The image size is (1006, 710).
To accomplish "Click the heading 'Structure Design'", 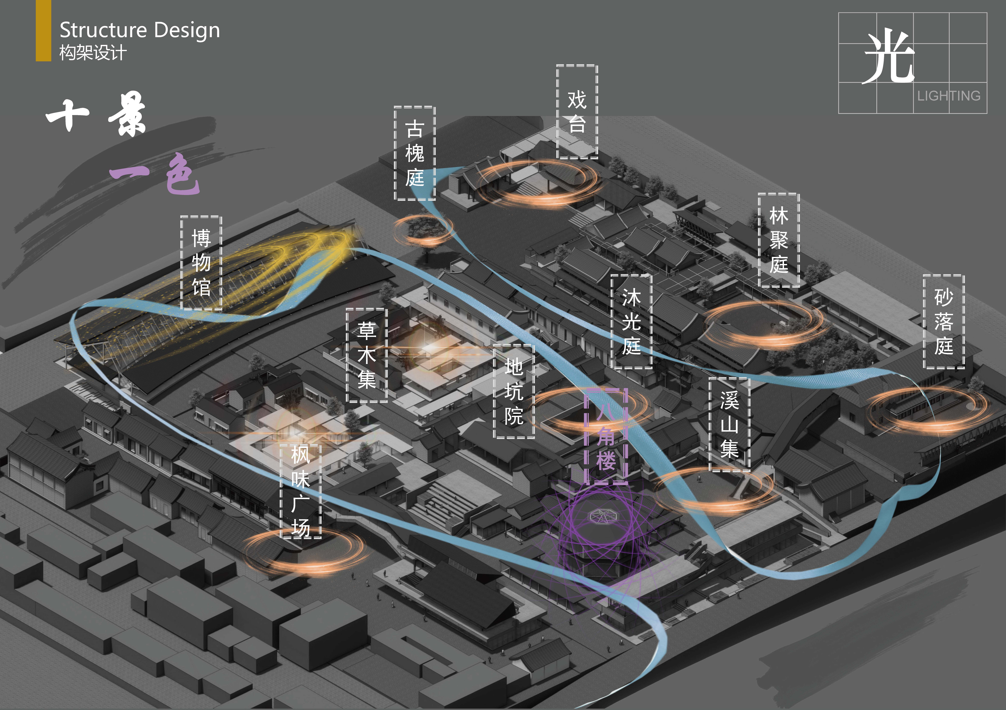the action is click(x=140, y=30).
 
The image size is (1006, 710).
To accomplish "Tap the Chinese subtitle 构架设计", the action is click(x=93, y=53).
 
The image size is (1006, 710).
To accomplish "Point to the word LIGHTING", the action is click(x=949, y=96).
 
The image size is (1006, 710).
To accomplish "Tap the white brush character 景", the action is click(x=127, y=114).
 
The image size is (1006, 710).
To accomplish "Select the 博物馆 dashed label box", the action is click(x=201, y=263).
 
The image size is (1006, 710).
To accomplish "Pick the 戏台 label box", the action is click(x=577, y=112).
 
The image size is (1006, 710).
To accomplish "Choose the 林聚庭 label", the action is click(x=779, y=240).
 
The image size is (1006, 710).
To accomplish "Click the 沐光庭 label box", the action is click(x=631, y=322).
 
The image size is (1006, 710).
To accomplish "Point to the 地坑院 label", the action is click(x=514, y=391).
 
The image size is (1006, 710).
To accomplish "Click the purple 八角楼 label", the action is click(x=606, y=436).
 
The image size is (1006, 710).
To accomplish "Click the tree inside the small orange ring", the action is click(x=423, y=232).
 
